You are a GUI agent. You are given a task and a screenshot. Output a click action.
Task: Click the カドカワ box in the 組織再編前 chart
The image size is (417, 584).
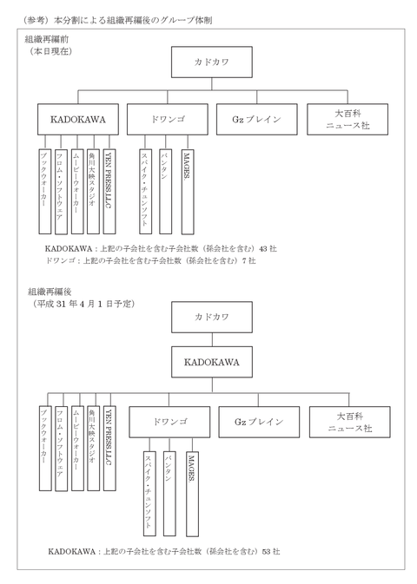212,62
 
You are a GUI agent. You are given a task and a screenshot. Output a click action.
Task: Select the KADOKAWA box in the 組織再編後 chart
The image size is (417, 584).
212,362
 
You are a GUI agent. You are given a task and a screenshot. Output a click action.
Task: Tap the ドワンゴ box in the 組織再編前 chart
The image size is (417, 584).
168,119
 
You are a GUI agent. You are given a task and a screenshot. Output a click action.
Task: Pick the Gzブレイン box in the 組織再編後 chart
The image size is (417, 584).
259,422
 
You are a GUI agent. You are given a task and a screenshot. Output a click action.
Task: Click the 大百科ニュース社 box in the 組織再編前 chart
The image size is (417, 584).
347,119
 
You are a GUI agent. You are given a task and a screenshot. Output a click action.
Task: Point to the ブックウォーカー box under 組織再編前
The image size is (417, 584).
45,192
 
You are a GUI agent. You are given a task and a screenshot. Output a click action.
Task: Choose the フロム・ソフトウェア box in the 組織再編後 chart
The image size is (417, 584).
61,449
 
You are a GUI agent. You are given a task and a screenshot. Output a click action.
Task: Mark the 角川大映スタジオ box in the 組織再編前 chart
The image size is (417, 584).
93,192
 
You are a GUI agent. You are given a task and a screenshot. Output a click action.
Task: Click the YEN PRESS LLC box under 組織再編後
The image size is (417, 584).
109,448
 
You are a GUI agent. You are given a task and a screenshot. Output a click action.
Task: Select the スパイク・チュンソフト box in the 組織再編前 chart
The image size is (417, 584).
145,192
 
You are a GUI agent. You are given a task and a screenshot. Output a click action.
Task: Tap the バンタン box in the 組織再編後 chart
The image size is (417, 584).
169,494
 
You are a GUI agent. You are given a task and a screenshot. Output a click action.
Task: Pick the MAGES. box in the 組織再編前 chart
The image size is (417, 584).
188,192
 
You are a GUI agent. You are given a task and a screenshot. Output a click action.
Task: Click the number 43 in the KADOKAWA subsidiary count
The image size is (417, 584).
263,248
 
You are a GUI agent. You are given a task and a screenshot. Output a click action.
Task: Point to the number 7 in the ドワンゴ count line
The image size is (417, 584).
244,260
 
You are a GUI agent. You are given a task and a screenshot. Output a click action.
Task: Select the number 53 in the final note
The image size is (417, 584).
267,552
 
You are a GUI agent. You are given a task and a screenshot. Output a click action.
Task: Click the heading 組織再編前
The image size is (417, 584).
47,39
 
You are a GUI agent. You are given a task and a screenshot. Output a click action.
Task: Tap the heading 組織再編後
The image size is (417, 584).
50,292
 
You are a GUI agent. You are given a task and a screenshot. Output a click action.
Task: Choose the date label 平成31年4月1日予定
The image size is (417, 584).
84,304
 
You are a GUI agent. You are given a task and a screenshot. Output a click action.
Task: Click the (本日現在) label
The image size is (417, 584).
51,51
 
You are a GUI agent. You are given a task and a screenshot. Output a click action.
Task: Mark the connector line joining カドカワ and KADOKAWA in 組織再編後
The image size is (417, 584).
212,339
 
